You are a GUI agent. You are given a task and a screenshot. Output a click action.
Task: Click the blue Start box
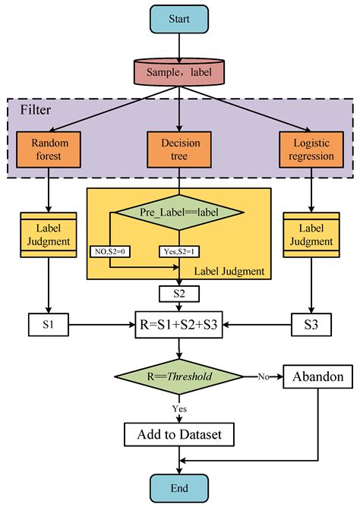[x=178, y=18]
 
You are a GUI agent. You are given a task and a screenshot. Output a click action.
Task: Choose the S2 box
[x=178, y=293]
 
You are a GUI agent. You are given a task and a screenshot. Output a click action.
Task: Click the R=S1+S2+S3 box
[x=178, y=326]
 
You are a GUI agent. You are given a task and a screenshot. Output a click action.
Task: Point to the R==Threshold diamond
[x=178, y=376]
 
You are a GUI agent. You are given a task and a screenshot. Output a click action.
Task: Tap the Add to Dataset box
[x=178, y=435]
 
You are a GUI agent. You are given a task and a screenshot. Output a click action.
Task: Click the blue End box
[x=178, y=487]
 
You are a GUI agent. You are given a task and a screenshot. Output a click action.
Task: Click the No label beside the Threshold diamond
[x=263, y=376]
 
